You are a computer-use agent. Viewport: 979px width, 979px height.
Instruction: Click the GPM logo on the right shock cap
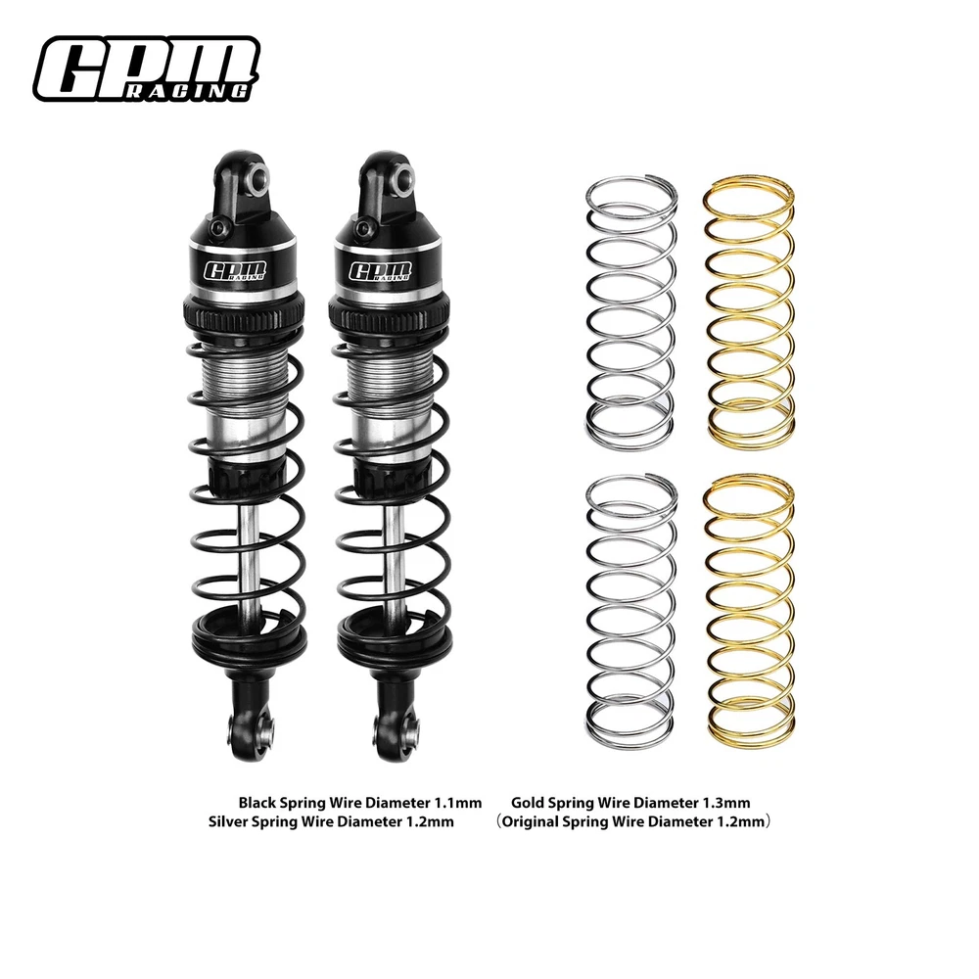pyautogui.click(x=380, y=271)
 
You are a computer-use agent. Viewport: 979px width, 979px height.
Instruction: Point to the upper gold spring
pyautogui.click(x=750, y=311)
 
